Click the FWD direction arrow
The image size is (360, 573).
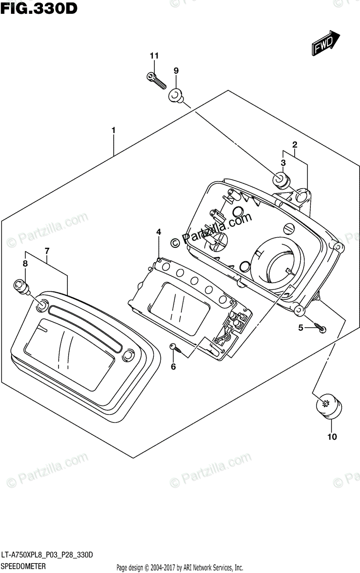coord(326,42)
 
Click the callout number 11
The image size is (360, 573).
coord(154,56)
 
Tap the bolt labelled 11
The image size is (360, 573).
coord(155,80)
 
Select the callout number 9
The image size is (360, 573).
coord(176,71)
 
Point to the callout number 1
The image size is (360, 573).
coord(114,130)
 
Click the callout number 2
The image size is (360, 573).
coord(295,144)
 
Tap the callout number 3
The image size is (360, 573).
coord(283,163)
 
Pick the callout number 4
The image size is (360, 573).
coord(159,232)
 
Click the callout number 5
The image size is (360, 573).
coord(301,328)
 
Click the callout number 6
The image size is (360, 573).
coord(173,367)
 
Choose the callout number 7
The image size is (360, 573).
coord(47,251)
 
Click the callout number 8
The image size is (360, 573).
coord(25,263)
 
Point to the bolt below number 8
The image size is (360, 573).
coord(22,286)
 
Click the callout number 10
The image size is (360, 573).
coord(332,436)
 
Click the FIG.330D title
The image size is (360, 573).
coord(38,8)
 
